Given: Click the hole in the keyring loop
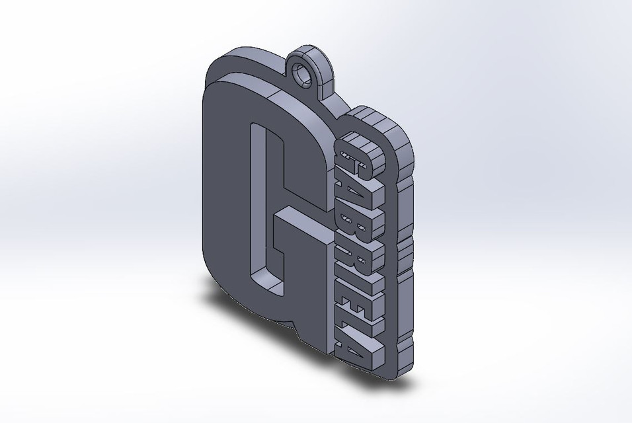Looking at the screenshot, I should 306,75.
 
